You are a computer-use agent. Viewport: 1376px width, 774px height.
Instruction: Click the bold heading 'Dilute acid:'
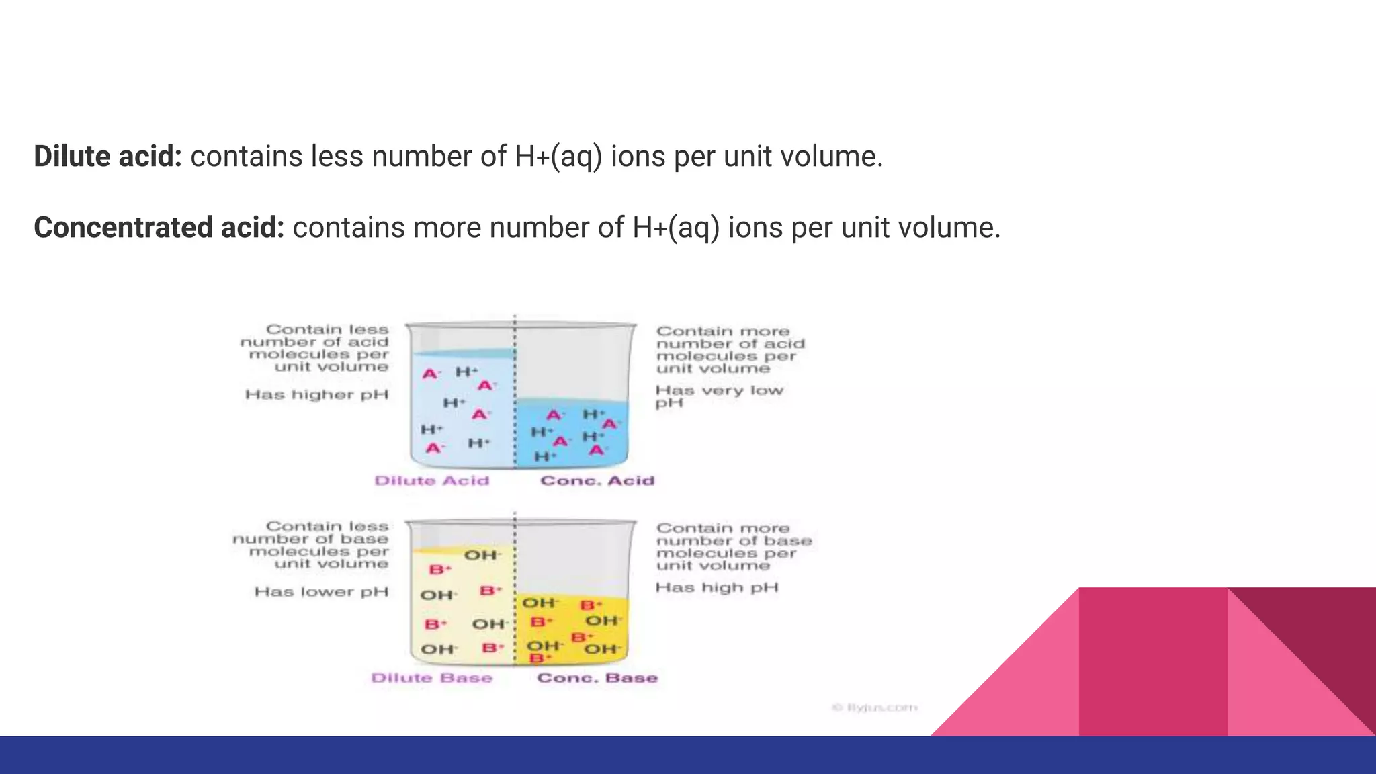107,157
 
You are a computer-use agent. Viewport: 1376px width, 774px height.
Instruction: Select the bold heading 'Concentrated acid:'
159,228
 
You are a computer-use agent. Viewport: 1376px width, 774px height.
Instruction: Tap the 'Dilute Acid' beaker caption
431,481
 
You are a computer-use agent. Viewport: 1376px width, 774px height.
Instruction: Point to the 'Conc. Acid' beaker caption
597,481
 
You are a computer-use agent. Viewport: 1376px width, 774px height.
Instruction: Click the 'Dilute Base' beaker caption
431,678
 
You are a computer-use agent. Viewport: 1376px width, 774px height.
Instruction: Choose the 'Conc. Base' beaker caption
597,678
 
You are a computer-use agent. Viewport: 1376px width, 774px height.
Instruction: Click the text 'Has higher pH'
316,395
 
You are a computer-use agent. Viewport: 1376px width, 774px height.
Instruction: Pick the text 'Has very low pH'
719,396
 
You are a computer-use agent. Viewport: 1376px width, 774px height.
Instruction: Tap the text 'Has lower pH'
321,592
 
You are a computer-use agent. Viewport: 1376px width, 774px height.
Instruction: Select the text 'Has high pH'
717,588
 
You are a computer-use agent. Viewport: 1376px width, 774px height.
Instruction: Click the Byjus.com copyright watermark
874,707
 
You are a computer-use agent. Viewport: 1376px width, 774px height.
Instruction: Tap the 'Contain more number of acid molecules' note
730,350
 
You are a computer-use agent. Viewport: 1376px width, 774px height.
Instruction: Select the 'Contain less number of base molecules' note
311,545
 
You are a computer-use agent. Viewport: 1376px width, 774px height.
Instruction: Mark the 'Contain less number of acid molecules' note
314,348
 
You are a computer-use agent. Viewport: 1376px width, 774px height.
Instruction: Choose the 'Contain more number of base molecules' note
734,547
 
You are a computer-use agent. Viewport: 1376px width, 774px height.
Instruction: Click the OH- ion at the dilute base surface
482,556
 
